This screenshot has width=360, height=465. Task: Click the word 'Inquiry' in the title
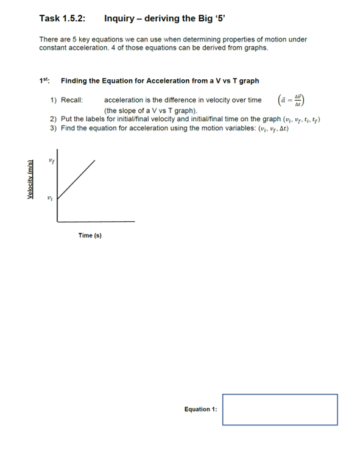119,19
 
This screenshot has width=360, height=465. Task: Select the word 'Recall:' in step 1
72,100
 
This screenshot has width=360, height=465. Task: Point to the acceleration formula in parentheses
291,100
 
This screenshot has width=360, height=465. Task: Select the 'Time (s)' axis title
90,235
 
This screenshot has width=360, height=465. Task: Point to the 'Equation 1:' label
200,410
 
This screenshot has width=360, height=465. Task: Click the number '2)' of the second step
54,119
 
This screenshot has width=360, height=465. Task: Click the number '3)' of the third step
54,129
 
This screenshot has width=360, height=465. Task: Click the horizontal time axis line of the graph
96,221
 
